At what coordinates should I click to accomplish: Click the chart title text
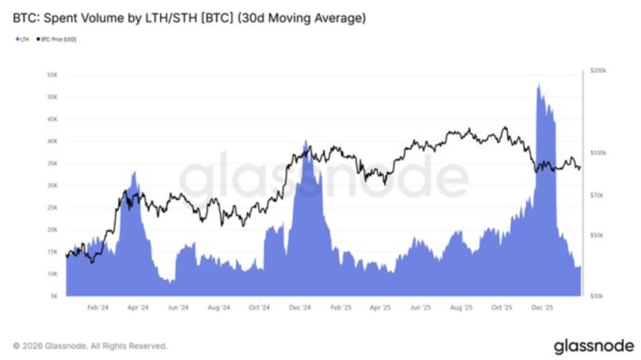pos(188,19)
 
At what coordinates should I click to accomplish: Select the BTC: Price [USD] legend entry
pos(58,39)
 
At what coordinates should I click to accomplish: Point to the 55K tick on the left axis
pos(52,75)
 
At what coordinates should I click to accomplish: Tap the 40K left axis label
pos(52,141)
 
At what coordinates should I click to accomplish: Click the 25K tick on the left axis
pos(52,207)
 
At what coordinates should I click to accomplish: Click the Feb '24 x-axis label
pos(97,308)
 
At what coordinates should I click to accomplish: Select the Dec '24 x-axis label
pos(300,308)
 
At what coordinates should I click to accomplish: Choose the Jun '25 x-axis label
pos(421,308)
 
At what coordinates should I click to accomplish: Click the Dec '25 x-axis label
pos(542,308)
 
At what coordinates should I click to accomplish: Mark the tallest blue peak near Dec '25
pos(538,84)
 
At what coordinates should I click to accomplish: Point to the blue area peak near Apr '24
pos(134,172)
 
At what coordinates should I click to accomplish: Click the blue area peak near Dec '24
pos(305,141)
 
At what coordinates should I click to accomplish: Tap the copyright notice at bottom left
pos(90,345)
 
